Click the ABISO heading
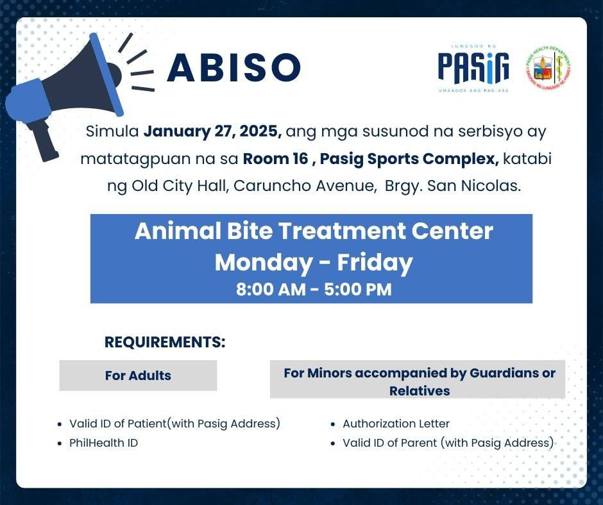pos(234,67)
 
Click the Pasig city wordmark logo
pos(473,69)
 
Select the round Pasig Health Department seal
pos(548,68)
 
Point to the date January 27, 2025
pos(213,131)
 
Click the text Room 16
pos(275,158)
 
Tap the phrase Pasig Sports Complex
pos(409,159)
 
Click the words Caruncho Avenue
pos(304,186)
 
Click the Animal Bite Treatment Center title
pos(314,231)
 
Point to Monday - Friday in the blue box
pos(314,263)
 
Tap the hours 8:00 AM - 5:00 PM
pos(314,290)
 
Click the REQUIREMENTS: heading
pos(165,342)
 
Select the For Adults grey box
pos(138,376)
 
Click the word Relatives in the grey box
pos(420,391)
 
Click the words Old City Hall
pos(180,186)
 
